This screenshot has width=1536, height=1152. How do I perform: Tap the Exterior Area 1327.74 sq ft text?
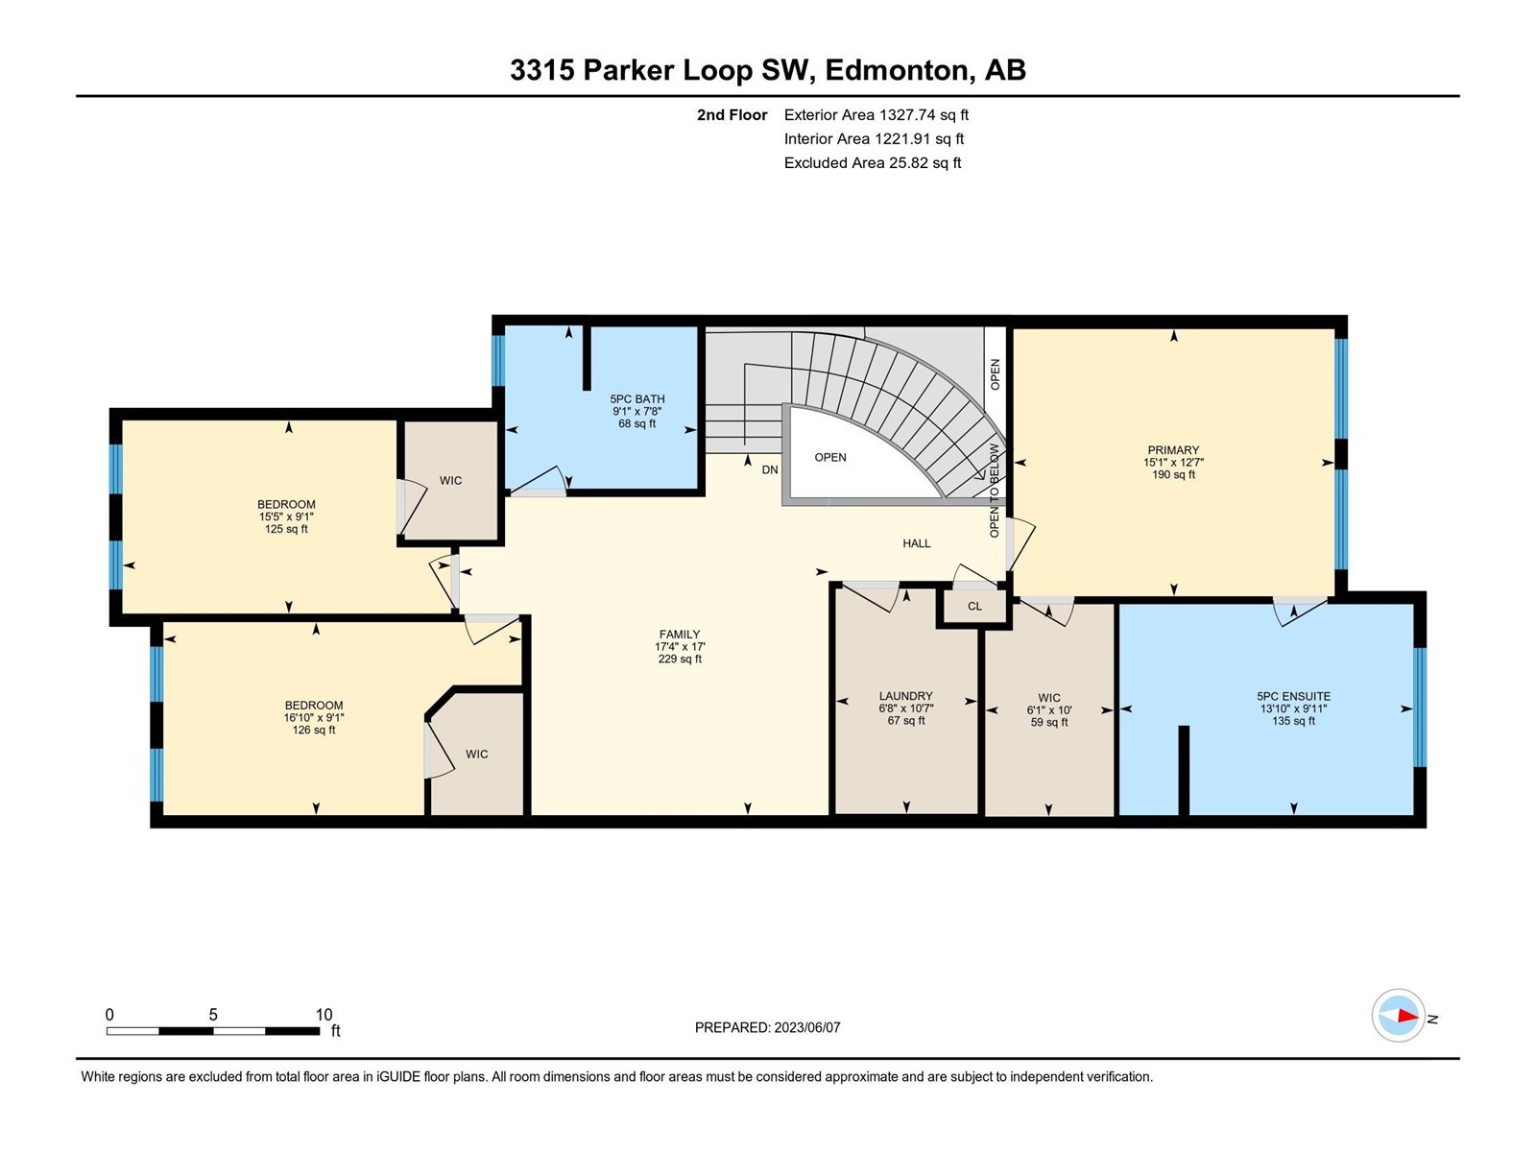[x=876, y=115]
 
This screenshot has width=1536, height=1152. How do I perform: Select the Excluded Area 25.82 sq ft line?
[x=873, y=163]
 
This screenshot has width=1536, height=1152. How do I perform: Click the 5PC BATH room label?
[x=636, y=398]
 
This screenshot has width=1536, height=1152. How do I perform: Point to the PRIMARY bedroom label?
[x=1173, y=449]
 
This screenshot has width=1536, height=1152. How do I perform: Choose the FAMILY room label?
[x=680, y=635]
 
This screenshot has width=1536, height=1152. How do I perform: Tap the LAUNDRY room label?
[x=906, y=696]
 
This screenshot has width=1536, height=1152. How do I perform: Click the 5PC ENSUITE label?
[x=1294, y=696]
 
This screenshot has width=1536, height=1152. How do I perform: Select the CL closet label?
[x=974, y=607]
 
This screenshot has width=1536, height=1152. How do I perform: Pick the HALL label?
[x=917, y=543]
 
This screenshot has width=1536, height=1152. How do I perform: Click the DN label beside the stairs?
[x=770, y=470]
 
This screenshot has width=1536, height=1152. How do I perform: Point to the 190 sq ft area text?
[x=1173, y=475]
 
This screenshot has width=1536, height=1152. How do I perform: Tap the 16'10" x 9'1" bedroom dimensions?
[x=314, y=718]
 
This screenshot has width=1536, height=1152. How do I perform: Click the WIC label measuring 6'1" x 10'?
[x=1049, y=697]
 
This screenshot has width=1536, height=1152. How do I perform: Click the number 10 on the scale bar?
[x=324, y=1015]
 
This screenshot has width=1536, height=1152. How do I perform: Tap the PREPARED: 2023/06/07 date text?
[x=768, y=1027]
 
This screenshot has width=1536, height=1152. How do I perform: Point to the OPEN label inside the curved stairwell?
[x=830, y=458]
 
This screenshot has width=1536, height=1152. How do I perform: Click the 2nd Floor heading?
[x=732, y=115]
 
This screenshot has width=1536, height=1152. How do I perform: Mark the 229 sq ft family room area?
[x=680, y=659]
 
